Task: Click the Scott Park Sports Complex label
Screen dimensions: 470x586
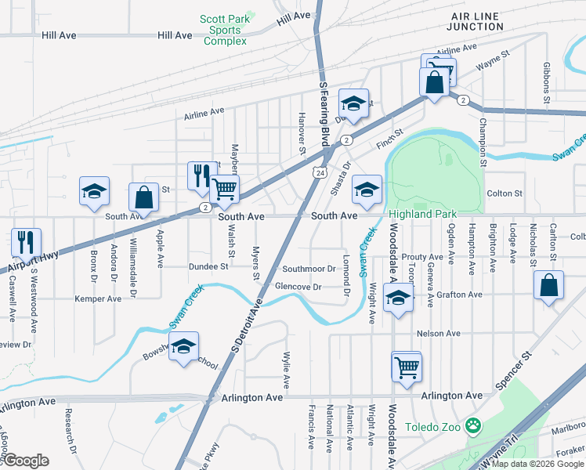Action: pos(225,30)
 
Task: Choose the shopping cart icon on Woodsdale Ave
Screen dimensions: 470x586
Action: pos(407,365)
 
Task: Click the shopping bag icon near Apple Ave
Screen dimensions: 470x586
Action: pos(143,197)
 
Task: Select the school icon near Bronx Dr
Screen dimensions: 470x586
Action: pos(93,191)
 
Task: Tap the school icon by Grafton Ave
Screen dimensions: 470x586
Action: pos(399,300)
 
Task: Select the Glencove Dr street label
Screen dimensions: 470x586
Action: pos(298,287)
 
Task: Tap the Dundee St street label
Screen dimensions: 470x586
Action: pos(208,266)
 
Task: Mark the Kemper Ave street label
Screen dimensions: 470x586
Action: pos(98,299)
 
